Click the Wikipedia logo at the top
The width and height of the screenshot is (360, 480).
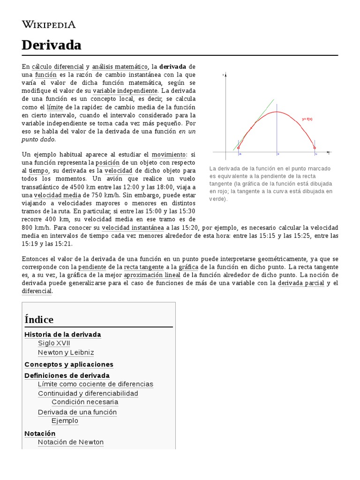click(x=48, y=24)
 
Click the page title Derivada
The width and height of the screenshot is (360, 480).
click(x=52, y=45)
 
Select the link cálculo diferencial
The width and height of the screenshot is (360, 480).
click(x=58, y=67)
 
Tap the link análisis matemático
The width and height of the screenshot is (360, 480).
click(x=120, y=67)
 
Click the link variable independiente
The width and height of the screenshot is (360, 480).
click(x=125, y=90)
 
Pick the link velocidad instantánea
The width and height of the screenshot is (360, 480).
click(x=133, y=227)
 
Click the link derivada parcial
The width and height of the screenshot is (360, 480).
click(x=301, y=283)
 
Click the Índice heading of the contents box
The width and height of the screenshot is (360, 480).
click(x=39, y=320)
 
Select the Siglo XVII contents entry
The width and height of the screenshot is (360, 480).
click(x=54, y=343)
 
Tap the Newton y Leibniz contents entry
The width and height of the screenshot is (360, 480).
click(x=66, y=352)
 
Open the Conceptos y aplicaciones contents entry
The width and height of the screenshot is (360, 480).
click(x=69, y=364)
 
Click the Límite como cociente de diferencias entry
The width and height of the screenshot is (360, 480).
click(x=96, y=384)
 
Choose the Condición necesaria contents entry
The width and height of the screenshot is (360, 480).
click(x=85, y=402)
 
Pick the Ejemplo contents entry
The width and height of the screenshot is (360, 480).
click(x=65, y=420)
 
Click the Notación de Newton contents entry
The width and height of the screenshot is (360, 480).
click(x=71, y=442)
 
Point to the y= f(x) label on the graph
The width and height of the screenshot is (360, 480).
click(x=307, y=119)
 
